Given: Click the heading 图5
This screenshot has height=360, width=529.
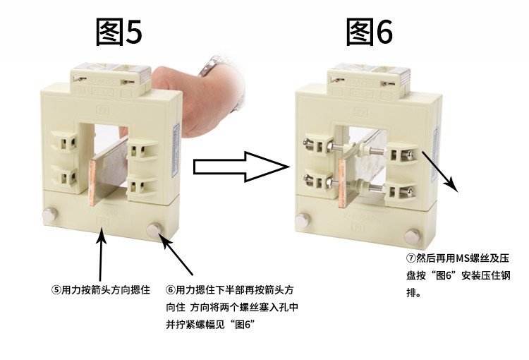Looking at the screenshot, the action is point(118,32).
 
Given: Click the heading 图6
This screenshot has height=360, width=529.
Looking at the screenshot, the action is point(370,32).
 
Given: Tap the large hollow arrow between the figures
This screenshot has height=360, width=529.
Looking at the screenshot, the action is point(241,167).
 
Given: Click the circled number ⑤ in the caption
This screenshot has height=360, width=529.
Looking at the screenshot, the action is point(56,289).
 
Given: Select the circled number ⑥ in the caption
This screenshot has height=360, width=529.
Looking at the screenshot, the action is point(171,289).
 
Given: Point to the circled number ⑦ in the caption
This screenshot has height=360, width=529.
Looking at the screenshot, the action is point(411,258).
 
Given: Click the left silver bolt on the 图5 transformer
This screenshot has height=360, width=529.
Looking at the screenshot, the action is point(49,215).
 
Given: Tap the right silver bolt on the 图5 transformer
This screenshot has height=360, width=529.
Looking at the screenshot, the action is point(154,230).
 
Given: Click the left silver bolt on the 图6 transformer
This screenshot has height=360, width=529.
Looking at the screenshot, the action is point(303,220).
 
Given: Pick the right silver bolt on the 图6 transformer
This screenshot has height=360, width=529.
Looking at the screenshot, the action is point(412,236).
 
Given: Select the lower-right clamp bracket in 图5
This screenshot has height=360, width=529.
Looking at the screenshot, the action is point(142,186).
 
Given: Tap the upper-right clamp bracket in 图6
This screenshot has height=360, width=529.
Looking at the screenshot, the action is point(402,154).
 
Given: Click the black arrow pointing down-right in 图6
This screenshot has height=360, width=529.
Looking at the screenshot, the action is point(440,172).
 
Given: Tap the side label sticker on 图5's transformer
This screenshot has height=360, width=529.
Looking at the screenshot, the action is point(176,150).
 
